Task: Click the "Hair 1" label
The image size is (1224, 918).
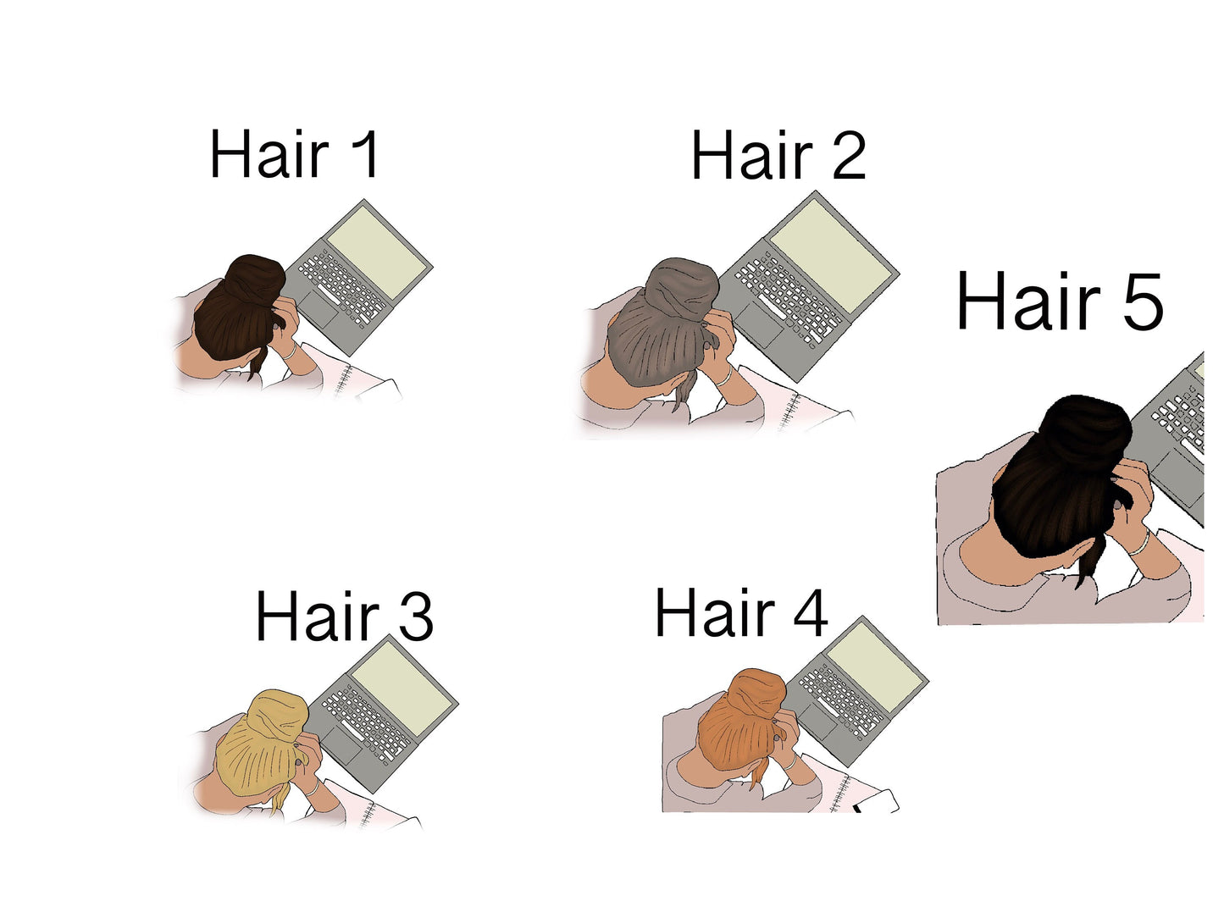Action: pos(294,154)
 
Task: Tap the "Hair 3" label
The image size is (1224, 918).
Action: pos(344,616)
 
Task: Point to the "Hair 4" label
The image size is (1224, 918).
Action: pos(741,611)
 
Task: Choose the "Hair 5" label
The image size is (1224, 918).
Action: pos(1060,301)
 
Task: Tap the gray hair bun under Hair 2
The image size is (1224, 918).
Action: pos(682,288)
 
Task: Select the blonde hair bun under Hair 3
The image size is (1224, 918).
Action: pos(278,716)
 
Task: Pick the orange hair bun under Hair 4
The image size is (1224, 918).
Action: pos(756,693)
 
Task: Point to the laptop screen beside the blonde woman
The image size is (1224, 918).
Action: pos(402,681)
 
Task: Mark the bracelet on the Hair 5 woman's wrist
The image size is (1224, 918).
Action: pos(1140,544)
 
